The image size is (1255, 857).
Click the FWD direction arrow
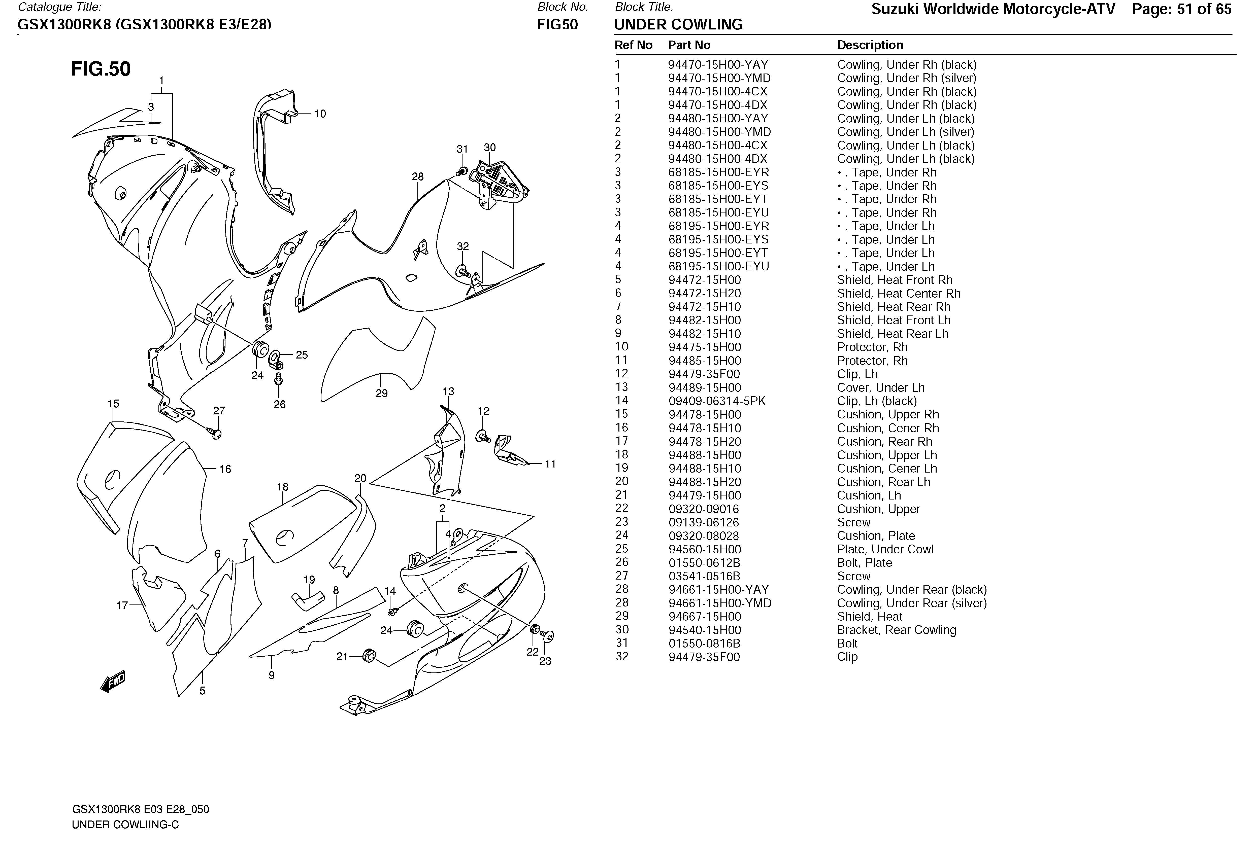pos(113,682)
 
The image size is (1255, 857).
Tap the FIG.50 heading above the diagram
pos(101,69)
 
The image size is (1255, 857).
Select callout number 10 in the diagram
pos(320,114)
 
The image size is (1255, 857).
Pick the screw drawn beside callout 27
pos(215,432)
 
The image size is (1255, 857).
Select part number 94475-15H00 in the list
pos(704,347)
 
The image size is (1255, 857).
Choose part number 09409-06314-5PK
pos(717,401)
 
